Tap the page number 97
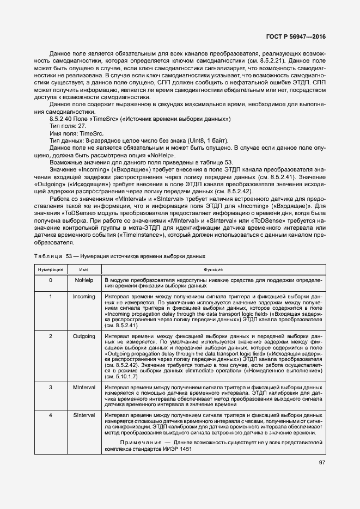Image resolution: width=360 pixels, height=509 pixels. click(322, 463)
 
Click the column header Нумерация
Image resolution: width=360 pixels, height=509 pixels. click(51, 269)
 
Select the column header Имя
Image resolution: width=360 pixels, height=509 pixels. click(84, 269)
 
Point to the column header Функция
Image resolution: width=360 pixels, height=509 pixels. click(213, 269)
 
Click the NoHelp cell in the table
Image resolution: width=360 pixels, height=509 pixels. click(84, 280)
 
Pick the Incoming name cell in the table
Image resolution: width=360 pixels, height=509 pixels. click(84, 297)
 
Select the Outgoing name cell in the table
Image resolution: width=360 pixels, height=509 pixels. click(84, 336)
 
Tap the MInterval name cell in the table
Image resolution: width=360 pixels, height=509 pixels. click(84, 387)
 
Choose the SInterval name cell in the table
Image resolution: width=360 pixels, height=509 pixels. click(84, 415)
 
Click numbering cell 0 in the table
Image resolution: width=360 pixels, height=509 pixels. click(51, 280)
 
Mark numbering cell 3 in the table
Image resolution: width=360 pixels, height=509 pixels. click(51, 387)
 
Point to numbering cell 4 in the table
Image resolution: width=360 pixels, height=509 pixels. click(51, 415)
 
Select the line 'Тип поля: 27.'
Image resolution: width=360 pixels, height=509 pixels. click(68, 126)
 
